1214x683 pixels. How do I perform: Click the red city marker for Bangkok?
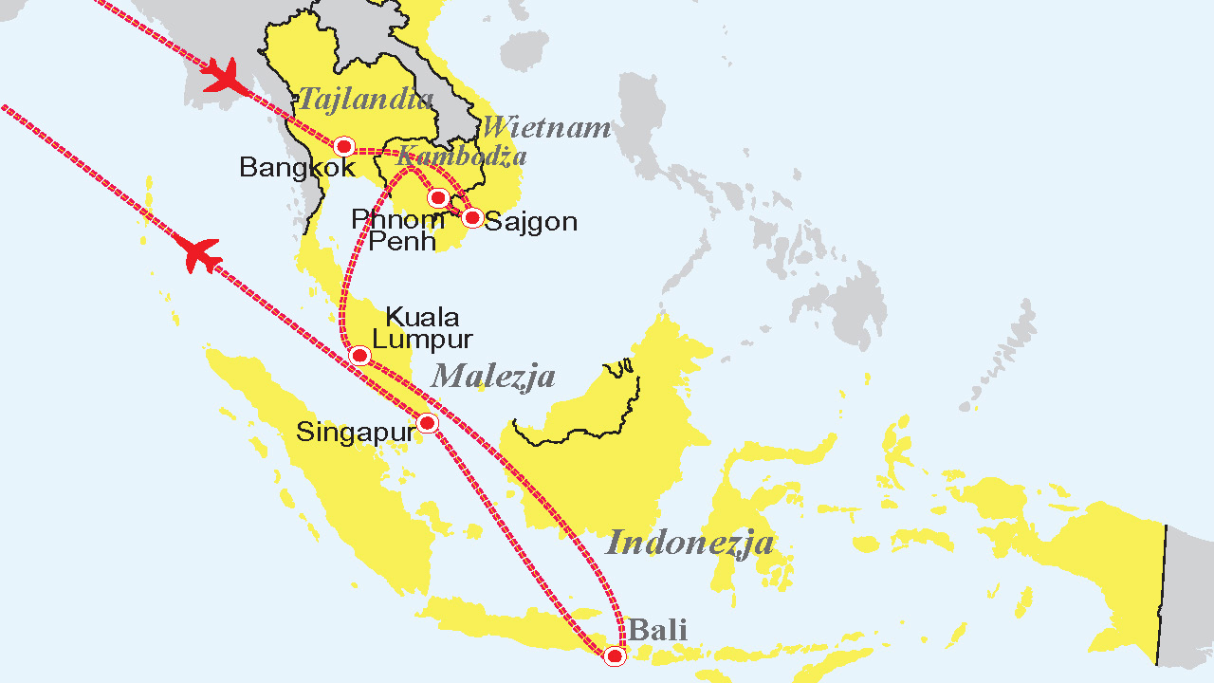(x=344, y=146)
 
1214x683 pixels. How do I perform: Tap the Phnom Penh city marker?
(x=438, y=197)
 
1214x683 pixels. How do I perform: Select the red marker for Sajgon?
(x=472, y=217)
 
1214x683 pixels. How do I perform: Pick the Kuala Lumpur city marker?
(x=359, y=356)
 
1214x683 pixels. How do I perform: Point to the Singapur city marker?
(x=428, y=423)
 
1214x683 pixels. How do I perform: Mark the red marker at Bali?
(x=615, y=655)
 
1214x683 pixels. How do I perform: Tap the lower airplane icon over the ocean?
(x=200, y=254)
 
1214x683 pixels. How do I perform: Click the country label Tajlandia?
(x=366, y=98)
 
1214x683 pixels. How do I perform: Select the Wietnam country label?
(x=545, y=127)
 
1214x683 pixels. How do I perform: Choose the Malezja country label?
(x=493, y=377)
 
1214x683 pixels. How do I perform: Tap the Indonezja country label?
(x=690, y=543)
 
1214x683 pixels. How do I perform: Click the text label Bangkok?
(x=297, y=168)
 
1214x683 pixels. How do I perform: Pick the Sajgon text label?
(x=531, y=222)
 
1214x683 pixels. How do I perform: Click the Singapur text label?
(x=356, y=432)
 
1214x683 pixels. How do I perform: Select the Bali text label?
(x=657, y=629)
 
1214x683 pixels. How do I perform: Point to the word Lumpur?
(x=423, y=339)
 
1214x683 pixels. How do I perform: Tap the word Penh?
(x=402, y=241)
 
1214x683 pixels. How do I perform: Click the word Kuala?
(x=423, y=317)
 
